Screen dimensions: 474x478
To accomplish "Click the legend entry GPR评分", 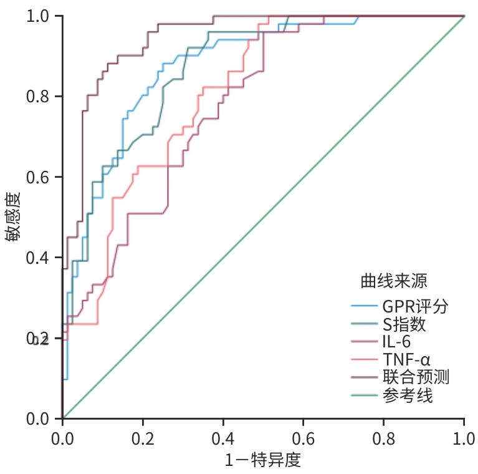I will tap(415, 306).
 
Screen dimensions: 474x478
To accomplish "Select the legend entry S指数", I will tap(405, 324).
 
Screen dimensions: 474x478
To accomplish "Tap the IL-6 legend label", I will tap(397, 342).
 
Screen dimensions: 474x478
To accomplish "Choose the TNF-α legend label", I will tap(407, 359).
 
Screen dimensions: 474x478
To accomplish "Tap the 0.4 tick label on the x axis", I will tap(222, 436).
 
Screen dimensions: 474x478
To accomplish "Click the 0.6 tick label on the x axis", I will tap(303, 436).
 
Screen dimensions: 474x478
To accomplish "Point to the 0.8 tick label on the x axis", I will tap(383, 436).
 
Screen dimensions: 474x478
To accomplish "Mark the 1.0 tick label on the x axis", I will tap(463, 436).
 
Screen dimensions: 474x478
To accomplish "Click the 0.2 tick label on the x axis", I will tap(142, 436).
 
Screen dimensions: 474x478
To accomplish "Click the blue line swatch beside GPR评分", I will tap(364, 306).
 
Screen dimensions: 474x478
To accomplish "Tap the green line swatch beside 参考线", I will tap(364, 395).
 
